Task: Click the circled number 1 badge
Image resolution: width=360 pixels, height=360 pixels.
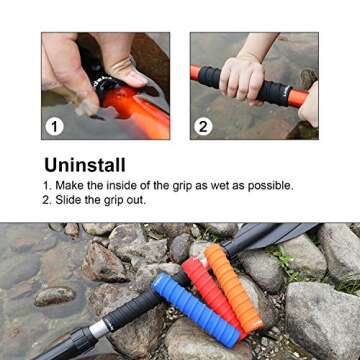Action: coord(56,126)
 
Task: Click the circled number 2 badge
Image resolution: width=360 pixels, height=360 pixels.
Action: coord(204,126)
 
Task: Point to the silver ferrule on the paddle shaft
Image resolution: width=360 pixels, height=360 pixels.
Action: coord(99,328)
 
